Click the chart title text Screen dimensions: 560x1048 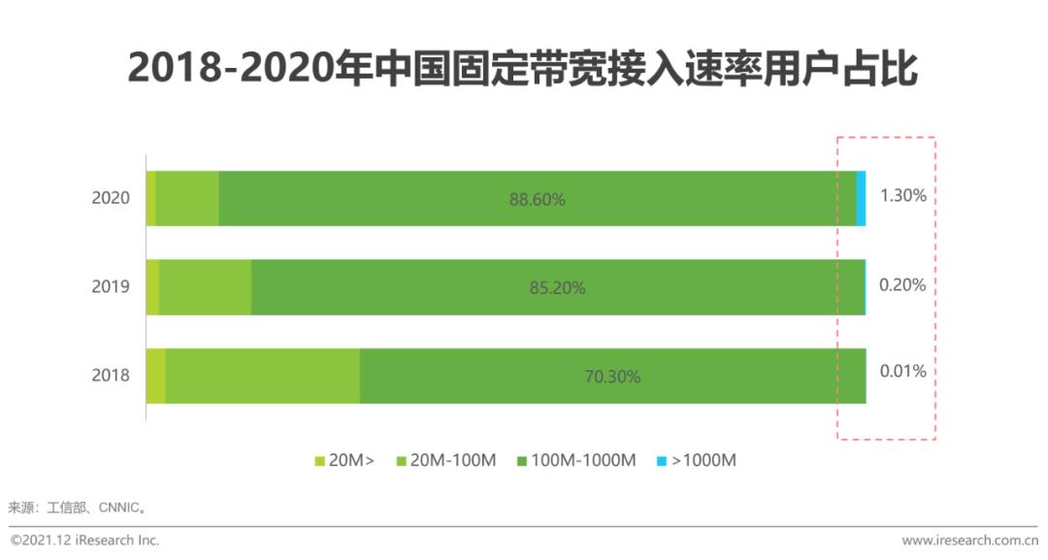coord(523,69)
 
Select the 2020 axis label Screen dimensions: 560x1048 coord(111,198)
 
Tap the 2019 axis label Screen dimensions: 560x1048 coord(111,286)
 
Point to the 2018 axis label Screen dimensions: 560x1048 coord(111,375)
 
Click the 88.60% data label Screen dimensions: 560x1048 coord(537,200)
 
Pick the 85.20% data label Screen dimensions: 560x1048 coord(557,287)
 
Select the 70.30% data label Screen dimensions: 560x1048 coord(612,377)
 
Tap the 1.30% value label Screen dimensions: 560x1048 coord(902,195)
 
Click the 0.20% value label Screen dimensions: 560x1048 coord(902,285)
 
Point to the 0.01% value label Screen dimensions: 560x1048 coord(902,371)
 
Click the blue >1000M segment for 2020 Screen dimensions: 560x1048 coord(861,198)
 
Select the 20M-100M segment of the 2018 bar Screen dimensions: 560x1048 coord(262,375)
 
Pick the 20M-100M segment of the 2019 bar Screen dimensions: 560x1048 coord(205,286)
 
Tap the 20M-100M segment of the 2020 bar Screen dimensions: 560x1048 coord(186,198)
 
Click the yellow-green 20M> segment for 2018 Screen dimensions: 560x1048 coord(155,375)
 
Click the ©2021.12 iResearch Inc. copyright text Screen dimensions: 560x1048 coord(84,541)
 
